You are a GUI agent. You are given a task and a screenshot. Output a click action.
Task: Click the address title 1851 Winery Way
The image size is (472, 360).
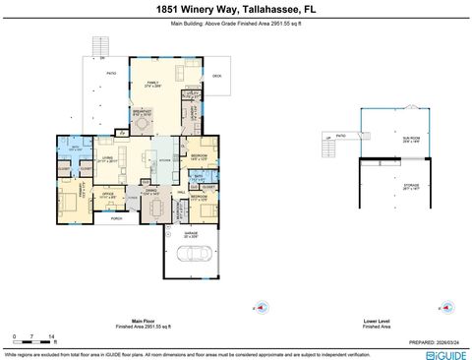(235, 8)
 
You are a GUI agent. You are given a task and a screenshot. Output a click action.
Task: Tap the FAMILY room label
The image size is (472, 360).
(152, 84)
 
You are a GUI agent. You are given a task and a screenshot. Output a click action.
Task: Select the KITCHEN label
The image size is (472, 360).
(165, 159)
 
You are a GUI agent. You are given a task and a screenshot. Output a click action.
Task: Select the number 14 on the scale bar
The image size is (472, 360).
(50, 335)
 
